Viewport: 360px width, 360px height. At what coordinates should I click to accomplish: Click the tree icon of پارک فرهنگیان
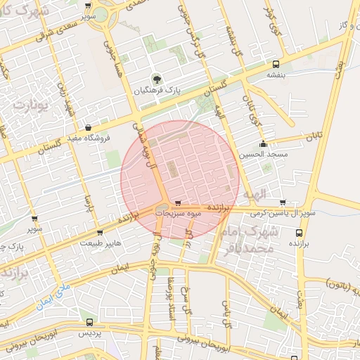click(x=157, y=79)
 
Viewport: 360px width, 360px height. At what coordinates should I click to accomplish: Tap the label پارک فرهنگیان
click(x=159, y=91)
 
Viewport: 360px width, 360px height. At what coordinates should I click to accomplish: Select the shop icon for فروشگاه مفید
click(x=88, y=127)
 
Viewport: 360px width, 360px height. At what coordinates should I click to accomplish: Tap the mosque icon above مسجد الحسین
click(x=263, y=143)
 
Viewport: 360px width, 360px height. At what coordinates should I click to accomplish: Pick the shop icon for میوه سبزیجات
click(x=177, y=201)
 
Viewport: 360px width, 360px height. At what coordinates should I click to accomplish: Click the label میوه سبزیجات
click(x=179, y=212)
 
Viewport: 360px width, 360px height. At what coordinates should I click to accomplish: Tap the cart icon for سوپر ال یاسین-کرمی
click(x=283, y=202)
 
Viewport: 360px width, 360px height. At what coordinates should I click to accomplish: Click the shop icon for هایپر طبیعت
click(x=99, y=232)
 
